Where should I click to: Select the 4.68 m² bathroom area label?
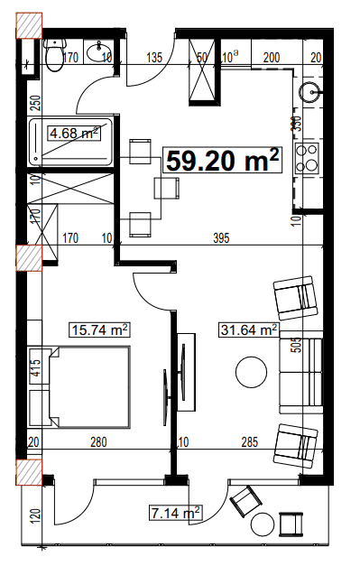coord(73,134)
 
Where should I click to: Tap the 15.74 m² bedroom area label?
coord(98,329)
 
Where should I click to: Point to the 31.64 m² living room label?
coord(248,330)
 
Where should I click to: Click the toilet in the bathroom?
coord(55,57)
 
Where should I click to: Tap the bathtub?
coord(70,141)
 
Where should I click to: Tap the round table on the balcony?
coord(265,526)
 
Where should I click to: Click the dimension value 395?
coord(221,239)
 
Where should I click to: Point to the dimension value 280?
coord(98,442)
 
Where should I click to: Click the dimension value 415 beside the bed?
coord(35,369)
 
